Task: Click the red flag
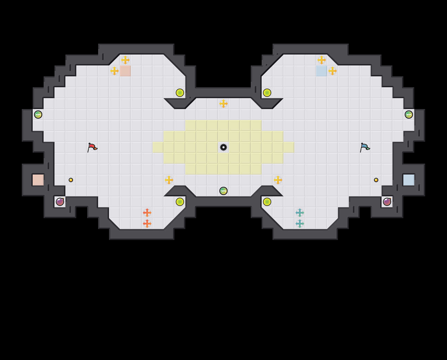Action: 92,147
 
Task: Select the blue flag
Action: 365,147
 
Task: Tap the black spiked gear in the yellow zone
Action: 224,147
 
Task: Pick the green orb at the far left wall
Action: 38,115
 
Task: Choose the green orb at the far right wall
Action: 409,115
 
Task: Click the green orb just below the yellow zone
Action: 224,191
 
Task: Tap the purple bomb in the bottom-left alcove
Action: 60,202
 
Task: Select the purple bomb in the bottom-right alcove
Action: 387,202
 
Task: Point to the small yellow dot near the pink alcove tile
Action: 71,180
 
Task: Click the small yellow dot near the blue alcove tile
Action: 376,180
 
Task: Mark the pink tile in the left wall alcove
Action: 38,180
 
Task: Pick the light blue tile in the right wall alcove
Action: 409,180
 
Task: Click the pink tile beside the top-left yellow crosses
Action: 125,71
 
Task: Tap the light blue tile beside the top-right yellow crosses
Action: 322,71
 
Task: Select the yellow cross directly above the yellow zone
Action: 224,104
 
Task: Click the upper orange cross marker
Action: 147,213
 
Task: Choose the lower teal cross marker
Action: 300,224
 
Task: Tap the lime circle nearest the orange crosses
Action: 180,202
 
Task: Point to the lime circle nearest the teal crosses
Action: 267,202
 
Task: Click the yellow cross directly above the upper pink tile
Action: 125,60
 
